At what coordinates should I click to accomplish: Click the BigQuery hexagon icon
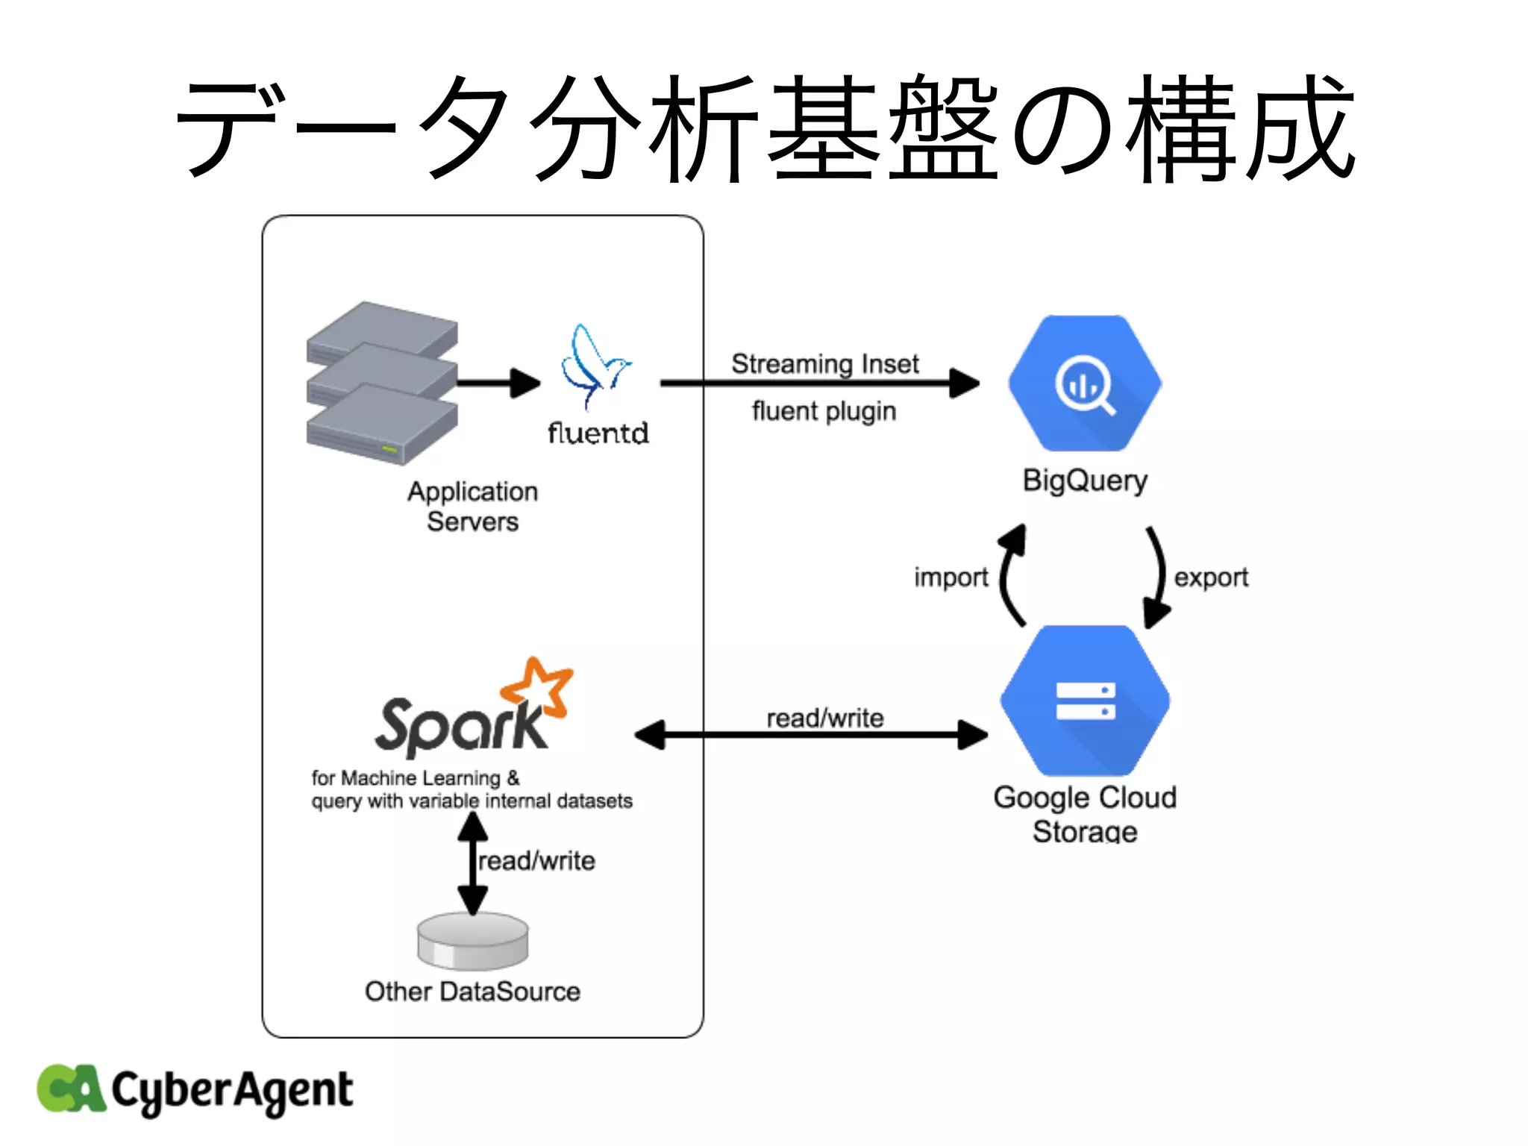[x=1084, y=383]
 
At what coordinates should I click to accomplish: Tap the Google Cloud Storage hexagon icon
[x=1085, y=701]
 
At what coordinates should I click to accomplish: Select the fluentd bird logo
[x=594, y=365]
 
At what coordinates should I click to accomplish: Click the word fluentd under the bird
[x=598, y=433]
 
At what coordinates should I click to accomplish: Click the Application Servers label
[x=472, y=506]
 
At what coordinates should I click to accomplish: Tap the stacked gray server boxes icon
[x=381, y=383]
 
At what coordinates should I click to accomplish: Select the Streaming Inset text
[x=824, y=364]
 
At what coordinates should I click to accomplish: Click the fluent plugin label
[x=824, y=411]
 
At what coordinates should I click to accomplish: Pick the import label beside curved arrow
[x=951, y=577]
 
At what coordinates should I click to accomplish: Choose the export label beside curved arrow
[x=1210, y=577]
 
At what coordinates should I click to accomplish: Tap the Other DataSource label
[x=472, y=992]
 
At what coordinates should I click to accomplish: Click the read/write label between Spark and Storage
[x=824, y=718]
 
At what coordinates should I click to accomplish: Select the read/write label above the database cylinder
[x=536, y=861]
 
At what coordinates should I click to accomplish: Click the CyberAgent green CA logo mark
[x=70, y=1089]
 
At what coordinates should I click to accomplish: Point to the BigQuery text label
[x=1084, y=480]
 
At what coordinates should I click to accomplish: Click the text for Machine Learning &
[x=415, y=778]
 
